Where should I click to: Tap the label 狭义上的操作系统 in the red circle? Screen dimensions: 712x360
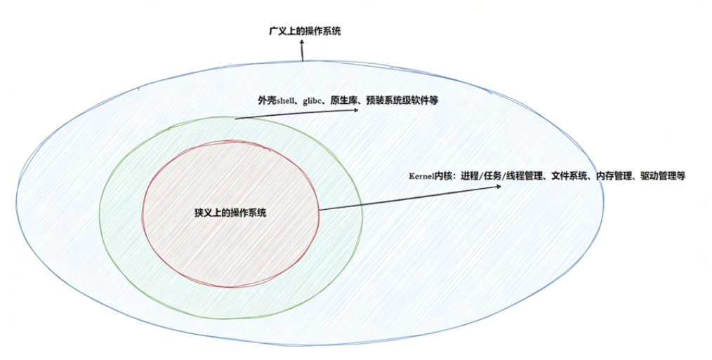(230, 213)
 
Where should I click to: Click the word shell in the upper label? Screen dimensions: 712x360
(288, 101)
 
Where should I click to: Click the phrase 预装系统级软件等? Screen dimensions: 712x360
(402, 101)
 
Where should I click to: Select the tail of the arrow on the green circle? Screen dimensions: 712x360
(236, 119)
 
